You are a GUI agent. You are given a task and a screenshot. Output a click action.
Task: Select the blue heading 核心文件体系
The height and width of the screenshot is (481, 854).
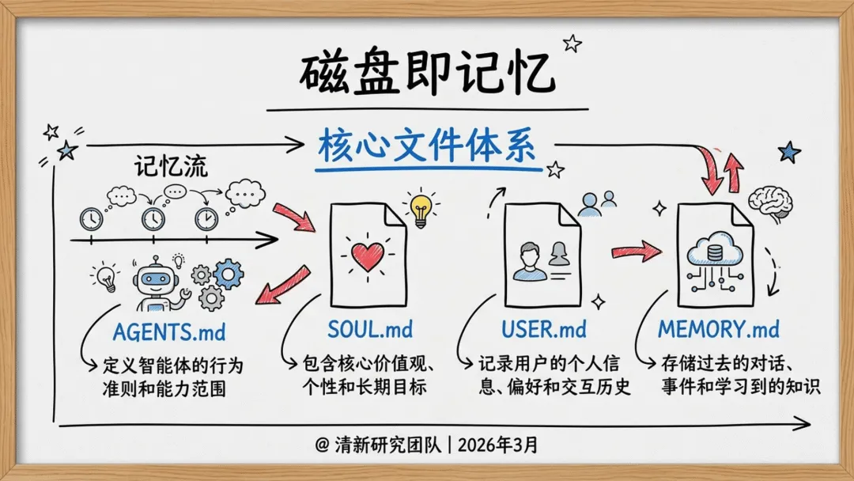[427, 147]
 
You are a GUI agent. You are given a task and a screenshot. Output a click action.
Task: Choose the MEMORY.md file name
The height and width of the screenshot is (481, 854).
[719, 329]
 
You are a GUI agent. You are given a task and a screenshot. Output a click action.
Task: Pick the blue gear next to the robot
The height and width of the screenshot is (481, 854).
[229, 274]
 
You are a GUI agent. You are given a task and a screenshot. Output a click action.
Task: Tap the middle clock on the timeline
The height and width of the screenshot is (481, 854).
[152, 218]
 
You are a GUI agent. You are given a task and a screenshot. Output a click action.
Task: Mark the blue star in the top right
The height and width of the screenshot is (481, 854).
[788, 151]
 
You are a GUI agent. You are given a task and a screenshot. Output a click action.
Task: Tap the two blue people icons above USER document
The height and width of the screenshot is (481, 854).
[597, 204]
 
